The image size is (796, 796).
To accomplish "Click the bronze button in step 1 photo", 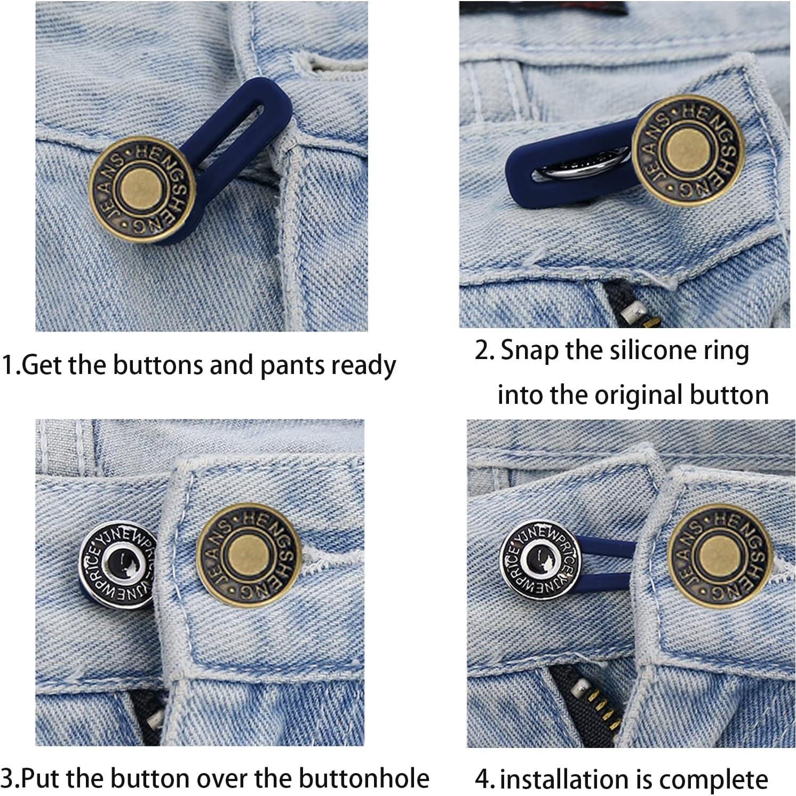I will (x=142, y=189).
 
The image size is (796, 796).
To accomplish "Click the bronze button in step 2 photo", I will (x=688, y=150).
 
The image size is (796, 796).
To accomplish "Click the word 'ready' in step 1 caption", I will (x=363, y=366).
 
